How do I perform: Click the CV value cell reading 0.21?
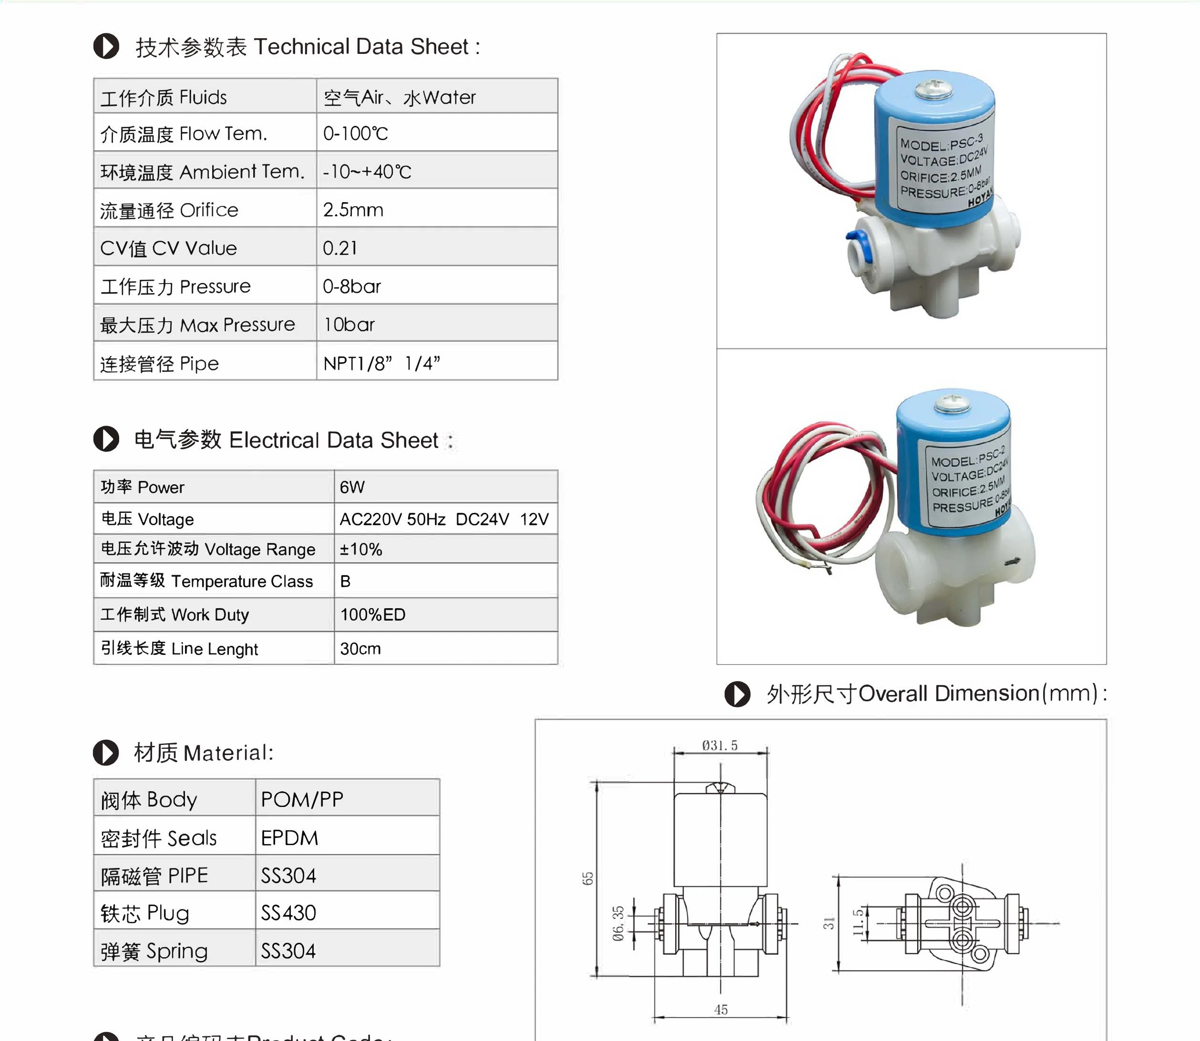coord(340,248)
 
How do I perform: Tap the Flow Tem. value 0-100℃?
coord(356,133)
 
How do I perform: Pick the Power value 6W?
coord(352,487)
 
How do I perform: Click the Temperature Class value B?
coord(345,581)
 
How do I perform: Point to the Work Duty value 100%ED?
coord(372,614)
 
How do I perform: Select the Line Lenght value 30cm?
coord(360,648)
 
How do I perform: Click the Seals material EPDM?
coord(289,837)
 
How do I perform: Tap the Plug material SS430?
coord(288,913)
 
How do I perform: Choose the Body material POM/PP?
coord(302,799)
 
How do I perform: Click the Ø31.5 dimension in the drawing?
coord(719,745)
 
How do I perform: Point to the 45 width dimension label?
coord(720,1010)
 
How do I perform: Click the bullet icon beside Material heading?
coord(106,752)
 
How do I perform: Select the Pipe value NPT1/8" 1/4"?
coord(381,364)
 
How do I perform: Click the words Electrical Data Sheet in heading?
coord(334,440)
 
